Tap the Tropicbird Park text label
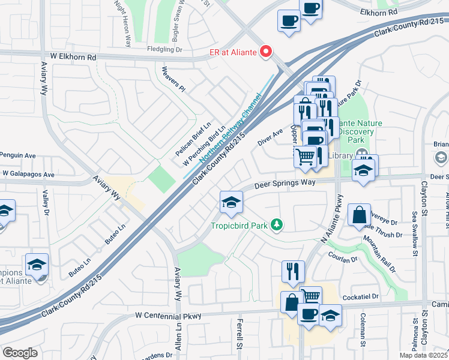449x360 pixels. (x=238, y=226)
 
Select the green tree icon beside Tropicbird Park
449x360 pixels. (x=277, y=225)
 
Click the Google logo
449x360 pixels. (x=20, y=352)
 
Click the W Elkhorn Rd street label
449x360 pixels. (x=73, y=57)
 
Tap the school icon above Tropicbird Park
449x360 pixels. (x=231, y=203)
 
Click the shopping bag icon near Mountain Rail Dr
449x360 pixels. (x=358, y=215)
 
